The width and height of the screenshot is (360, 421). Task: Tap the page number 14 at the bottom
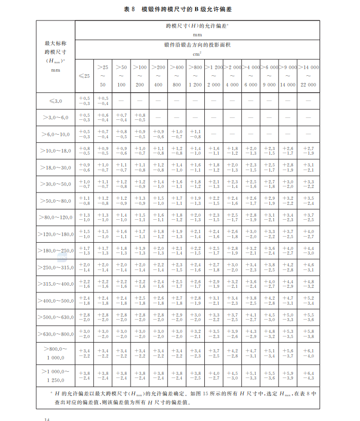click(x=47, y=418)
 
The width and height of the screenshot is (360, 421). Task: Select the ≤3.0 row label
click(x=55, y=101)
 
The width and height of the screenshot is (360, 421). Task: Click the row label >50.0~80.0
click(x=55, y=201)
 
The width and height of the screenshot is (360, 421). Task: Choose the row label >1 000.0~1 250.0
click(x=55, y=375)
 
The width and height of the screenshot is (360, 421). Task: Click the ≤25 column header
click(x=84, y=76)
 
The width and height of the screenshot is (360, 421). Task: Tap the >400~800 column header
click(x=176, y=75)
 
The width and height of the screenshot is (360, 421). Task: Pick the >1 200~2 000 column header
click(x=214, y=75)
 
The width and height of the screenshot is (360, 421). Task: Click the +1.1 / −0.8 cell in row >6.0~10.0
click(x=195, y=134)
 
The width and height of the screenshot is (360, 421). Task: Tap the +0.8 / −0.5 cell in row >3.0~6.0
click(x=139, y=117)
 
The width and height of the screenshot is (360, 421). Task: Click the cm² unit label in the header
click(x=197, y=53)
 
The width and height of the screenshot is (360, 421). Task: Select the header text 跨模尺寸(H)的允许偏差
click(x=197, y=26)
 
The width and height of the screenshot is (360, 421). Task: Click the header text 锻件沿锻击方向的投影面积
click(x=197, y=45)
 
